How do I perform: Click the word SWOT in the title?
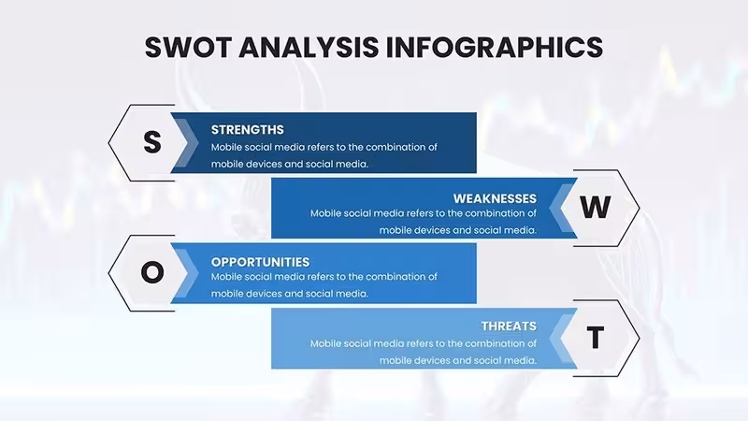pos(188,48)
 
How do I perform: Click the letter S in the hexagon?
pos(152,142)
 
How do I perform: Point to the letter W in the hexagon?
pos(596,207)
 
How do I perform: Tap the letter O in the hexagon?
pos(152,272)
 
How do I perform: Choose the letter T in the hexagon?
pos(596,338)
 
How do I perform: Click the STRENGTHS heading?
pos(247,130)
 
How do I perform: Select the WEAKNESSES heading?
pos(495,198)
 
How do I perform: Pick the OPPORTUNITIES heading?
pos(260,262)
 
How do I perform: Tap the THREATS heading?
pos(509,326)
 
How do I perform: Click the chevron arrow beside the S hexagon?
pos(186,143)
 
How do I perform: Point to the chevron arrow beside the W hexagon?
pos(562,208)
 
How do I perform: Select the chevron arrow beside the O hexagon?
pos(186,273)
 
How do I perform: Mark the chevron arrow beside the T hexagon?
pos(562,338)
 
